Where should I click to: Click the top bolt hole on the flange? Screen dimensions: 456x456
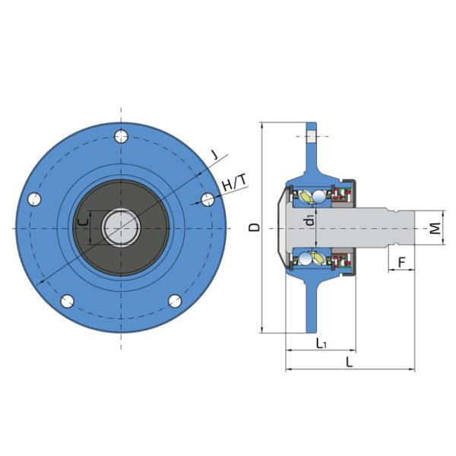[120, 137]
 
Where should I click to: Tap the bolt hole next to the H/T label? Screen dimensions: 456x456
[206, 199]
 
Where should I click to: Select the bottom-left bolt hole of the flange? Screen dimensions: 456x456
[66, 300]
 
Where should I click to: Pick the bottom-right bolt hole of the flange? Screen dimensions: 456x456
[174, 300]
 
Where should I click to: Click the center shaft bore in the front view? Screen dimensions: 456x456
[120, 227]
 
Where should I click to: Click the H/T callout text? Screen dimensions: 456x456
[234, 183]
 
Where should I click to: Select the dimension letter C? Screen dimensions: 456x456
[84, 223]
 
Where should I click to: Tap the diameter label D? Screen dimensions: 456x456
[255, 227]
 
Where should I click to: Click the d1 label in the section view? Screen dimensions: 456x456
[309, 221]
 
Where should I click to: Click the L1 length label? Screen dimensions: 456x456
[321, 344]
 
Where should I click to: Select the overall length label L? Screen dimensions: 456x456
[349, 363]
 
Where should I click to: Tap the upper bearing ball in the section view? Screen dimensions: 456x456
[304, 197]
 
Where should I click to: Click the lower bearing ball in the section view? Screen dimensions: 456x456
[304, 259]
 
